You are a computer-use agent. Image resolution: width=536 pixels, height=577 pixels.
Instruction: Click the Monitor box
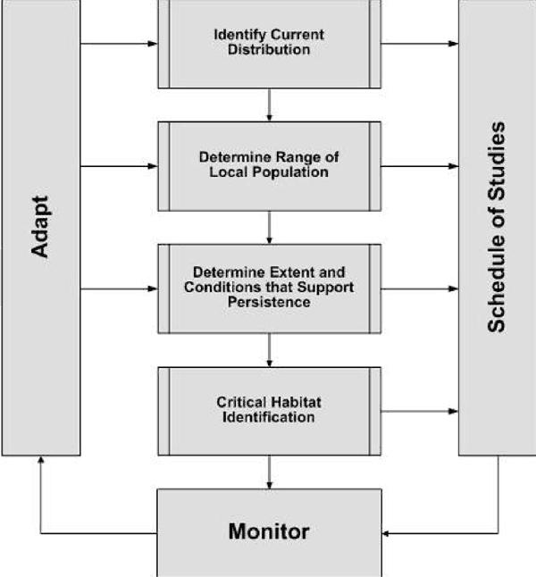point(269,532)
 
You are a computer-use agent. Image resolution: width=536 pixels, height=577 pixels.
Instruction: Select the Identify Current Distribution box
point(269,43)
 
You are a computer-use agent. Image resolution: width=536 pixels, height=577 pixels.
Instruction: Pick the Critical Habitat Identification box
point(269,410)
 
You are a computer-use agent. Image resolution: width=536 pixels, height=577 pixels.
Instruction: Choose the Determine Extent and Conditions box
point(269,288)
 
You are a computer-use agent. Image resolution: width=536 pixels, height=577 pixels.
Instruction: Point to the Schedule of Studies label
point(497,228)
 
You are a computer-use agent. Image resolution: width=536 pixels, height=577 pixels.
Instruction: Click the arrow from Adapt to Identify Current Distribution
point(119,42)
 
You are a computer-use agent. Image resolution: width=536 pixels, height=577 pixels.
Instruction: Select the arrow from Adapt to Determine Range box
point(119,165)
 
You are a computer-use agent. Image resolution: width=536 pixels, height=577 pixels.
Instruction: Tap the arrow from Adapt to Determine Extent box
point(119,288)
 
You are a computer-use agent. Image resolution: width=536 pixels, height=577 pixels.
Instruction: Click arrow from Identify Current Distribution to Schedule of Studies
point(420,42)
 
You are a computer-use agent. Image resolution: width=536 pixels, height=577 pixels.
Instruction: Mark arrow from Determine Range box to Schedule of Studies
point(420,165)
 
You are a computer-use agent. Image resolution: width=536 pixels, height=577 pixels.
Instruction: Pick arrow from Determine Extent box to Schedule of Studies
point(420,288)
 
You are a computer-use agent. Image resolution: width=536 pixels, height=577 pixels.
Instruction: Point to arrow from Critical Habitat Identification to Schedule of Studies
point(420,411)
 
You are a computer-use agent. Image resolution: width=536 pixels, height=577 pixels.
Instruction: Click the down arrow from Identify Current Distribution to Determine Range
point(269,105)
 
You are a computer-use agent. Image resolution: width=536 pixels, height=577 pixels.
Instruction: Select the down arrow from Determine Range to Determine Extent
point(269,227)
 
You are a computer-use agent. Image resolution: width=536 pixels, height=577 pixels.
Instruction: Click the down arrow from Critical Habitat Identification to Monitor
point(269,472)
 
